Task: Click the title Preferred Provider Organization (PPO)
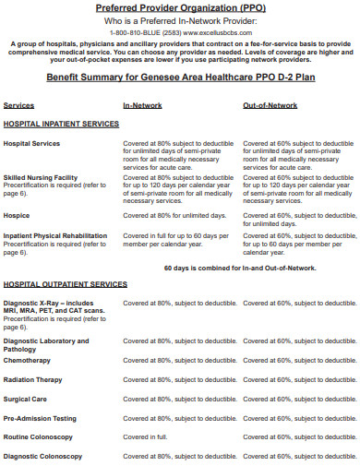[181, 8]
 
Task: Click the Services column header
[19, 105]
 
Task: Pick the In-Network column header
[143, 105]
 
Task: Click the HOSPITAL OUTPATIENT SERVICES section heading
[65, 284]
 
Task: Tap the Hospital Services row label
[32, 144]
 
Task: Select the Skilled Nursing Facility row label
[40, 176]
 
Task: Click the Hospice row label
[17, 215]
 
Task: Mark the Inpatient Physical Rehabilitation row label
[54, 235]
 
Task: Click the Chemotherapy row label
[27, 360]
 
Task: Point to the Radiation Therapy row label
[34, 379]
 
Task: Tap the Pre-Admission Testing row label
[40, 418]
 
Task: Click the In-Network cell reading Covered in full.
[145, 437]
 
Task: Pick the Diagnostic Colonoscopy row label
[43, 456]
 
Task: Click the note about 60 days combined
[240, 268]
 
